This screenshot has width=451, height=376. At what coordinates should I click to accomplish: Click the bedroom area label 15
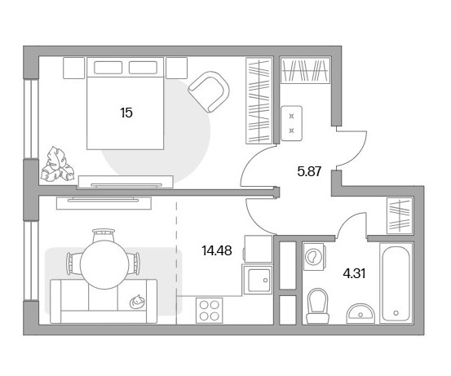point(126,113)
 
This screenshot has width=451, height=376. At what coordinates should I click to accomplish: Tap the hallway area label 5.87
point(309,172)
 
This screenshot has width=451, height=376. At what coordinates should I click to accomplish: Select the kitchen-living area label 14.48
point(217,250)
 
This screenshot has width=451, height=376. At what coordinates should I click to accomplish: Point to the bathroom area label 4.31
point(354,273)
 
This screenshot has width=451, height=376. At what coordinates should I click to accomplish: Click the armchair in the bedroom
point(209,91)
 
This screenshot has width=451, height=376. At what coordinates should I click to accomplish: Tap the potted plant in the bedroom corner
point(58,165)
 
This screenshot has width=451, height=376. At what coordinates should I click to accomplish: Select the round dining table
point(104,264)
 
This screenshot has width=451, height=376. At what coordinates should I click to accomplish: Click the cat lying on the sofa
point(137,302)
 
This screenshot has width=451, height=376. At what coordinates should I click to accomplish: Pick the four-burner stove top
point(209,311)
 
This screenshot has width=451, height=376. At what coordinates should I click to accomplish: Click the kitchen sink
point(258,281)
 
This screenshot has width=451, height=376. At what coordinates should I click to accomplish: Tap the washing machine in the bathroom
point(314,256)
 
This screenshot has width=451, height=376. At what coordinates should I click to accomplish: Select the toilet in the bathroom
point(317,306)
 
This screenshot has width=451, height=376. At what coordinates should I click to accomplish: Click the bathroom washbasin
point(360,313)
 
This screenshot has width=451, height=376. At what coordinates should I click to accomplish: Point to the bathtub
point(396,283)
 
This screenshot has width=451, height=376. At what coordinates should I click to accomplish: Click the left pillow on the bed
point(108,68)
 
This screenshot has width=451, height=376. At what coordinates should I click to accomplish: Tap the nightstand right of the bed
point(177,68)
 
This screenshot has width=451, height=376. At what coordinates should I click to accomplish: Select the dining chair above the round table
point(104,235)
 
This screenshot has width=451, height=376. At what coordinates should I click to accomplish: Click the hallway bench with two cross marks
point(292,123)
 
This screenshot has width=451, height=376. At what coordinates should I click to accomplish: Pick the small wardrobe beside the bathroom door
point(400,215)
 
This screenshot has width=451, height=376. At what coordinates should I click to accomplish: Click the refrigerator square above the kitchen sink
point(258,249)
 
